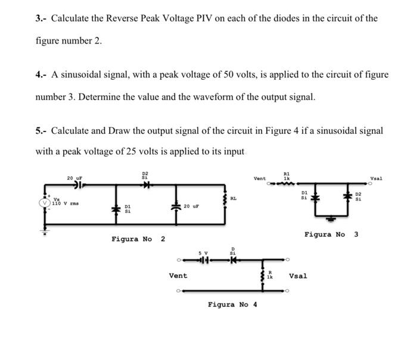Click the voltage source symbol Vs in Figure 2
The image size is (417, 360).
click(43, 202)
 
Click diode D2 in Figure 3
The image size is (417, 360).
click(346, 196)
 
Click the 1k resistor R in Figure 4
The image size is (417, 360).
click(263, 276)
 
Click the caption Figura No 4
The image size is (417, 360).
click(232, 304)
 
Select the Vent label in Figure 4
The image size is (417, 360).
click(178, 276)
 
